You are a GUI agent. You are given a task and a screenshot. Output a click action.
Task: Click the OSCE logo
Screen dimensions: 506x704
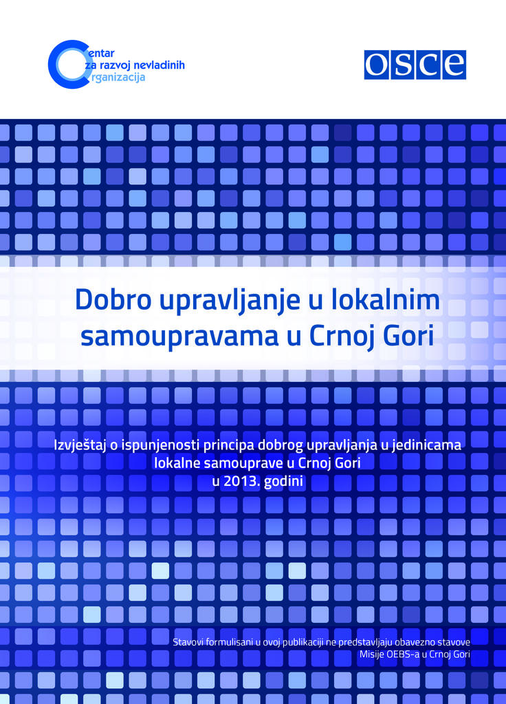(415, 65)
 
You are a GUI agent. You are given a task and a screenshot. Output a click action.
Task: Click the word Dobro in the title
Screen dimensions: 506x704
(113, 300)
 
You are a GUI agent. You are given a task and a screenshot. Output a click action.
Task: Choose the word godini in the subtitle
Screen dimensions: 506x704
(283, 482)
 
